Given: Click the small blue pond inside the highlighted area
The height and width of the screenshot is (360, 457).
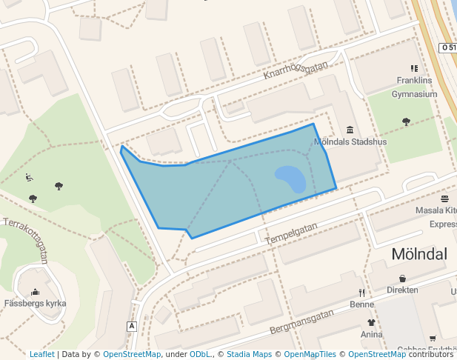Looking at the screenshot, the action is click(291, 179).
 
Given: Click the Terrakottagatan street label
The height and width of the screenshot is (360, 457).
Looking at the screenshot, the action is click(26, 241).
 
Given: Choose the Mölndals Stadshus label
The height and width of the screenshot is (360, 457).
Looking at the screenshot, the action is click(347, 141).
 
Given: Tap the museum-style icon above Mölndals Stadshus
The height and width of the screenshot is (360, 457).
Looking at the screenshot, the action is click(350, 130).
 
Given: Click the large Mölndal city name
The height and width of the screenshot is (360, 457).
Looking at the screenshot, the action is click(419, 254).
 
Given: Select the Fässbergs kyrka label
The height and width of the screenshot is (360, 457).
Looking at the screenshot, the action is click(35, 304).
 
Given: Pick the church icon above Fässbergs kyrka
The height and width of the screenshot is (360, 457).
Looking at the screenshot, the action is click(35, 292).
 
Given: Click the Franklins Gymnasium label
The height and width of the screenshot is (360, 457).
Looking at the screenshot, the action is click(414, 87).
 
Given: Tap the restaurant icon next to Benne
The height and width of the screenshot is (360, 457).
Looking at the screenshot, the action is click(361, 292).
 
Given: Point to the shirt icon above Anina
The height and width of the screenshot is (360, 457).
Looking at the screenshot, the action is click(371, 322).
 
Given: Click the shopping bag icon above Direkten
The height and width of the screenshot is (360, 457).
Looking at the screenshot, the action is click(402, 279).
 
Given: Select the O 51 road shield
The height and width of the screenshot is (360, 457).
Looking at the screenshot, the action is click(447, 47).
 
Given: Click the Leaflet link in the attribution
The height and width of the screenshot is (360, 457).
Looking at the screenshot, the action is click(41, 354).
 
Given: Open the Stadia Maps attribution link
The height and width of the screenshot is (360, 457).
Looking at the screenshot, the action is click(249, 354).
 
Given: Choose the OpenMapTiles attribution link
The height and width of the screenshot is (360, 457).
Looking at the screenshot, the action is click(310, 354).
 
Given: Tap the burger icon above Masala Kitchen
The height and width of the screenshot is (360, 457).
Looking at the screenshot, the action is click(444, 199).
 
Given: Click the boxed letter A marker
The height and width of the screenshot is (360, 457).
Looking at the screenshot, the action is click(132, 326).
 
